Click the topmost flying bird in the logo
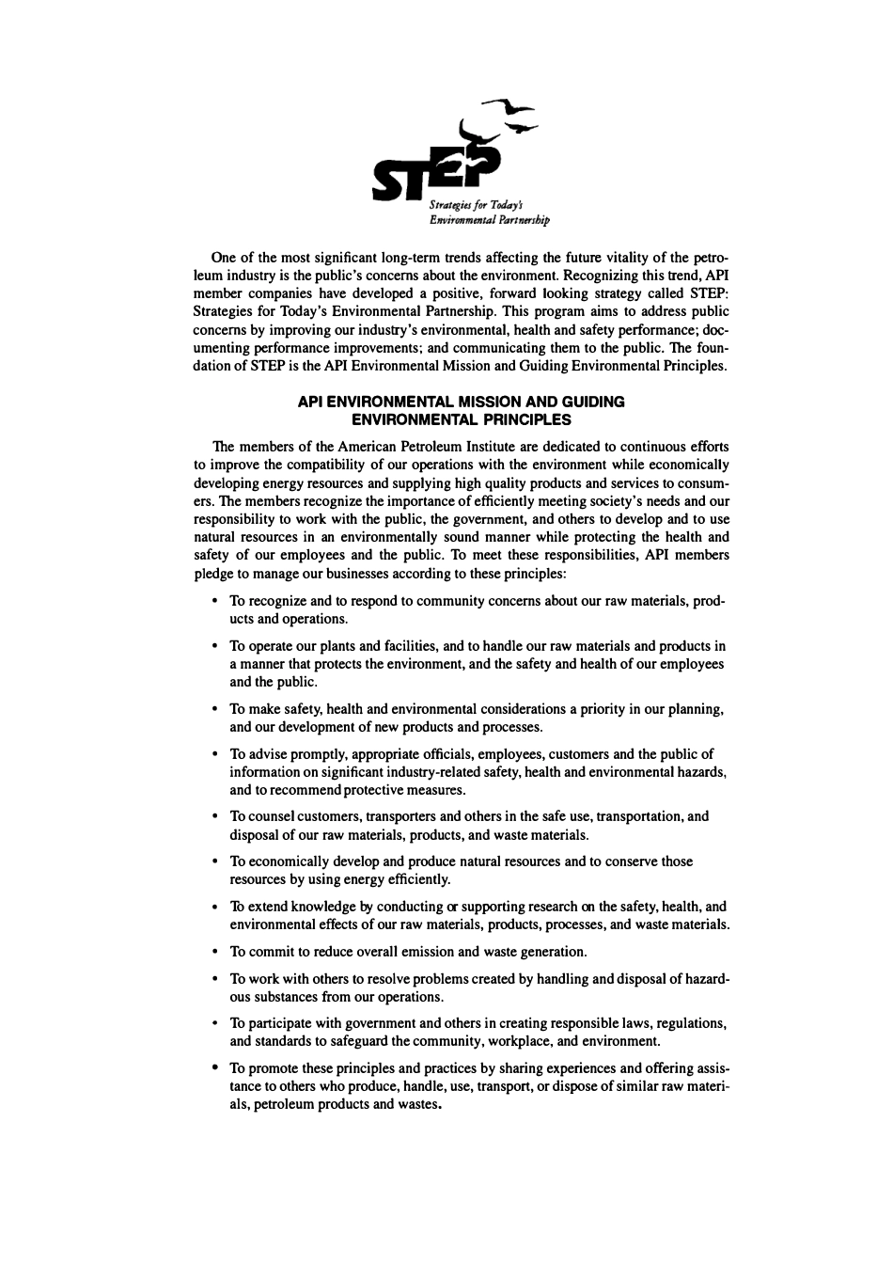509,106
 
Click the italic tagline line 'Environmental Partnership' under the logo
489,221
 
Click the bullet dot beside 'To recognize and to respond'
216,601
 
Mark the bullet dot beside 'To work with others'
216,979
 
